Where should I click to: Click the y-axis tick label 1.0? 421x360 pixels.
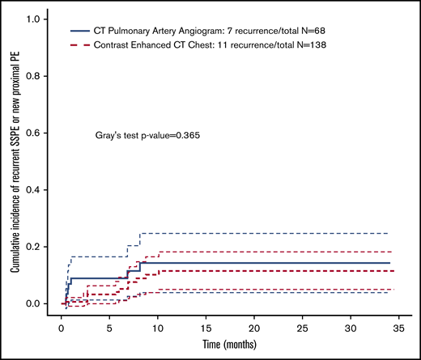pyautogui.click(x=38, y=19)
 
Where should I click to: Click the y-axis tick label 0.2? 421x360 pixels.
pyautogui.click(x=38, y=247)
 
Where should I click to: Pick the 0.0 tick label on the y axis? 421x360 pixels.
pyautogui.click(x=38, y=303)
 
